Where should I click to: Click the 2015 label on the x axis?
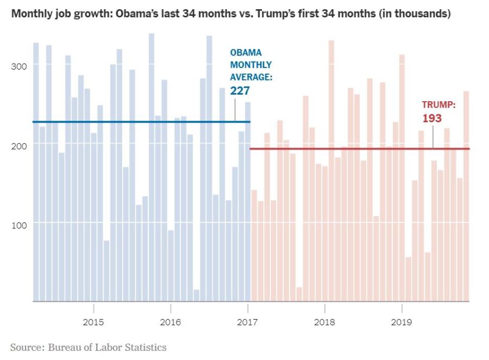pyautogui.click(x=93, y=322)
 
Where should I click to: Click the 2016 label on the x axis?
pyautogui.click(x=171, y=322)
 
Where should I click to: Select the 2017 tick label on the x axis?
pyautogui.click(x=248, y=322)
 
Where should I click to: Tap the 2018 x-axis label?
pyautogui.click(x=325, y=322)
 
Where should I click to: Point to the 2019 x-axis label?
pyautogui.click(x=402, y=322)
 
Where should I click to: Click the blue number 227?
pyautogui.click(x=240, y=91)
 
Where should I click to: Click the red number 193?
pyautogui.click(x=432, y=118)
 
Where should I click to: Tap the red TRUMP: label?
pyautogui.click(x=438, y=105)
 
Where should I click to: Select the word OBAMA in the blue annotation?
pyautogui.click(x=246, y=53)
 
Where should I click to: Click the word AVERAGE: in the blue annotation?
pyautogui.click(x=250, y=77)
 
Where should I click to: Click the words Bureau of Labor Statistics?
pyautogui.click(x=108, y=347)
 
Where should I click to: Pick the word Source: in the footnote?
pyautogui.click(x=27, y=347)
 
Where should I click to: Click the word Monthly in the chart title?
pyautogui.click(x=31, y=14)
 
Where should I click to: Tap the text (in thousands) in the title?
pyautogui.click(x=415, y=14)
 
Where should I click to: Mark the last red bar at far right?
pyautogui.click(x=466, y=196)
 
